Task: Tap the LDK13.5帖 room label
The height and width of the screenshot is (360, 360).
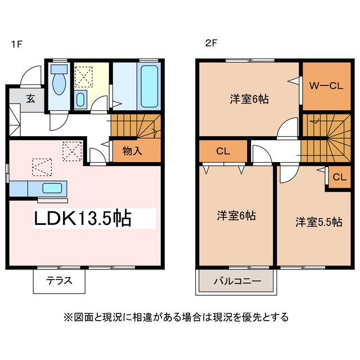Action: tap(83, 218)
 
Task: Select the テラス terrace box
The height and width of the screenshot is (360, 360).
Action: tap(59, 280)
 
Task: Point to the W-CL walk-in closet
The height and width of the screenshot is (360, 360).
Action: tap(327, 86)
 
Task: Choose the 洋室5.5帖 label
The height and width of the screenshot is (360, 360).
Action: tap(319, 222)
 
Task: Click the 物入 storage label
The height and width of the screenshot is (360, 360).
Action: tap(132, 150)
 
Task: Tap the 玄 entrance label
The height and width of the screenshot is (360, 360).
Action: tap(30, 98)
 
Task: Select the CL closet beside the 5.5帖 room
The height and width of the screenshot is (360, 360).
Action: tap(339, 177)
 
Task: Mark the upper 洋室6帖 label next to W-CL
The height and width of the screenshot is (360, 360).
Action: tap(249, 100)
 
